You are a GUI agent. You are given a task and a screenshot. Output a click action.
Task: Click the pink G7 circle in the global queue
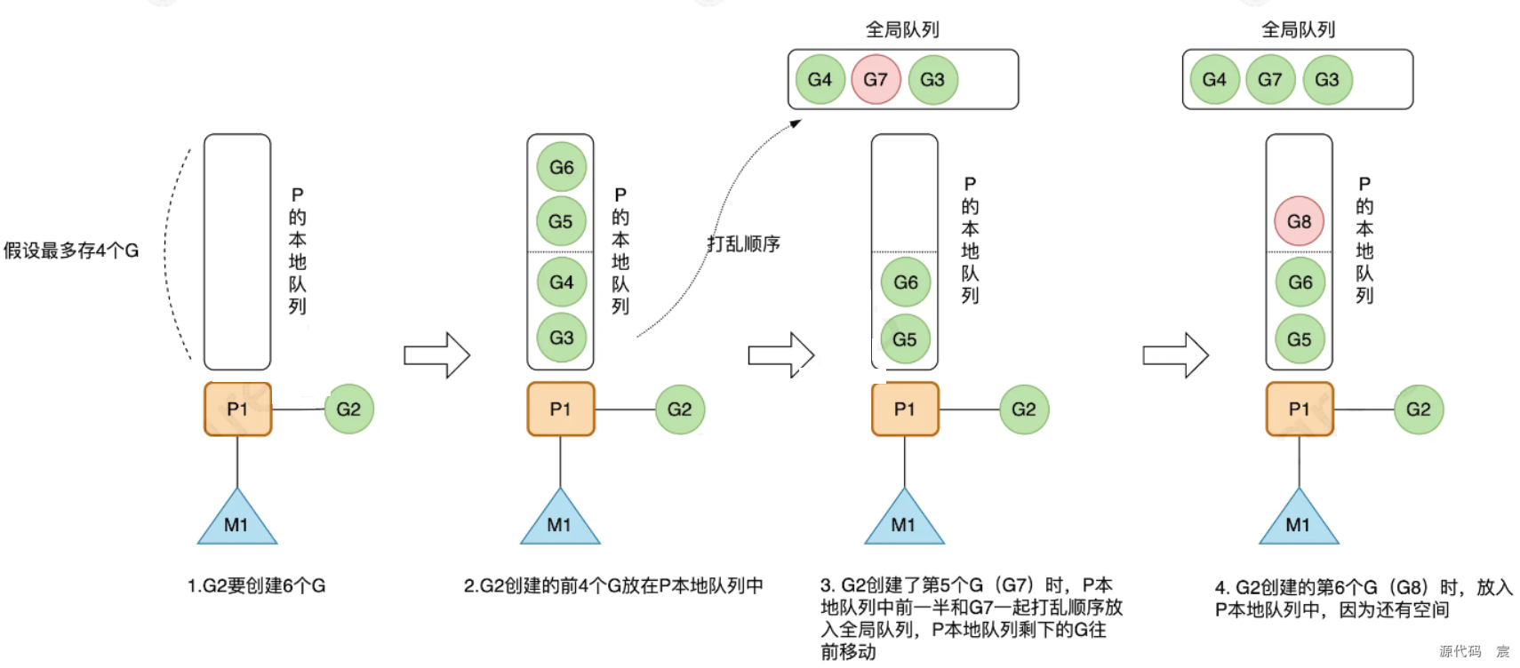[876, 79]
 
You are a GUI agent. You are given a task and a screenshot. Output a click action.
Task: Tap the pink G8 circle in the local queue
[1299, 221]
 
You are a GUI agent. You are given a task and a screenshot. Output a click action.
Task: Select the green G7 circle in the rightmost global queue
[1270, 79]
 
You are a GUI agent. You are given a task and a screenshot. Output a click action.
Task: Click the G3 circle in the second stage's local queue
[561, 338]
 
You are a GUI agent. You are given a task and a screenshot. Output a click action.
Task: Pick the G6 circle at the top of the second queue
[561, 167]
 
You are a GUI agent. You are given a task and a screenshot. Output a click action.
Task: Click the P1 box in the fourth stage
[1299, 409]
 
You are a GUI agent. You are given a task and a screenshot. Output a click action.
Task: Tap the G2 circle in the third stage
[1023, 409]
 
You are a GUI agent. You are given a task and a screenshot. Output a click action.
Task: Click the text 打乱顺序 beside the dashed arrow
[743, 243]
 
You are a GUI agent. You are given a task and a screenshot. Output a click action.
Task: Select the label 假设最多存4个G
[71, 250]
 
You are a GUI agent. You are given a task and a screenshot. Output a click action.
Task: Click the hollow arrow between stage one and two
[436, 355]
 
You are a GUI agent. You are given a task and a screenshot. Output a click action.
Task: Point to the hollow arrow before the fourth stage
[1175, 355]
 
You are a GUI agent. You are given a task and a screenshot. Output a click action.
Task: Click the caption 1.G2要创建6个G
[256, 586]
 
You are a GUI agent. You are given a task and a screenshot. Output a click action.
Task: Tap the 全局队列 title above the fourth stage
[1298, 29]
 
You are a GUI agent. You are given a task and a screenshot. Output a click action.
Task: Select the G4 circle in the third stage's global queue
[819, 79]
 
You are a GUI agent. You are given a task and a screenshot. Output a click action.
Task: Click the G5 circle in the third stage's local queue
[904, 338]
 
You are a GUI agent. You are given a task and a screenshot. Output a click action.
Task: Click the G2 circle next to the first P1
[348, 409]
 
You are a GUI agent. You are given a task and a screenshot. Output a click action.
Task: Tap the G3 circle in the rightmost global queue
[1326, 79]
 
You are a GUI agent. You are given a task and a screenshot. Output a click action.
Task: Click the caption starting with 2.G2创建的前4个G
[613, 586]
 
